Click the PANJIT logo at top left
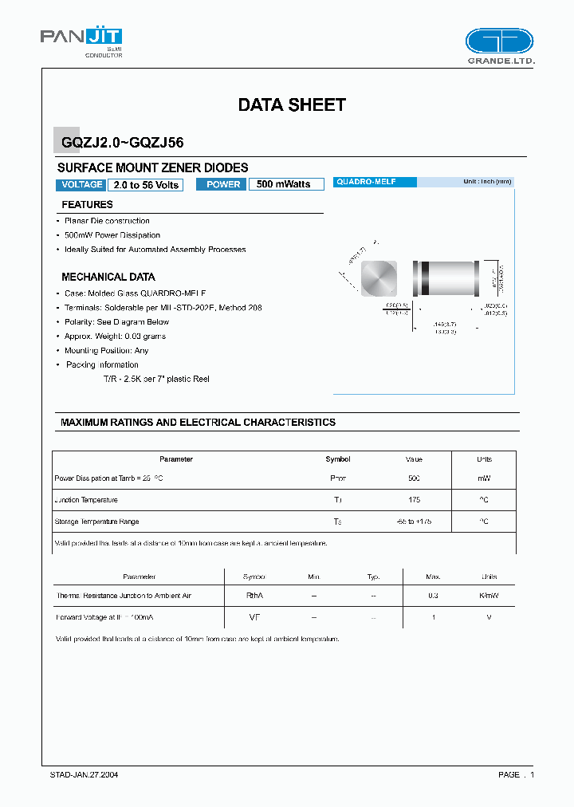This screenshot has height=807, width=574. click(81, 38)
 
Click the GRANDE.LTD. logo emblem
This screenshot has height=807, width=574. click(499, 41)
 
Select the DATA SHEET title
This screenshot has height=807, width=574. click(292, 104)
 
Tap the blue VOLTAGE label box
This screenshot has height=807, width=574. click(81, 184)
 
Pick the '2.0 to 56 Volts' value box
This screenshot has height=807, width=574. click(146, 184)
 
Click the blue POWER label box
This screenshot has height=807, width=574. click(223, 184)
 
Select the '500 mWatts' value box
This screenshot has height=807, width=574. click(285, 184)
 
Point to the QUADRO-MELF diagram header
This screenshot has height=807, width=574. click(374, 183)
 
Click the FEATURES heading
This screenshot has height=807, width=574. click(88, 205)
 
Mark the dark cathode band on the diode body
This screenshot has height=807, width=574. click(426, 279)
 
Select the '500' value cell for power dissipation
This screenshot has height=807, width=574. click(414, 478)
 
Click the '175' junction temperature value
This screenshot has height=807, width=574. click(414, 500)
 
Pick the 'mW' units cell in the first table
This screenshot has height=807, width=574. click(484, 478)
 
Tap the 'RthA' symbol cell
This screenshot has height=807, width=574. click(254, 596)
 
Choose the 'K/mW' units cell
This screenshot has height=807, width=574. click(489, 596)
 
